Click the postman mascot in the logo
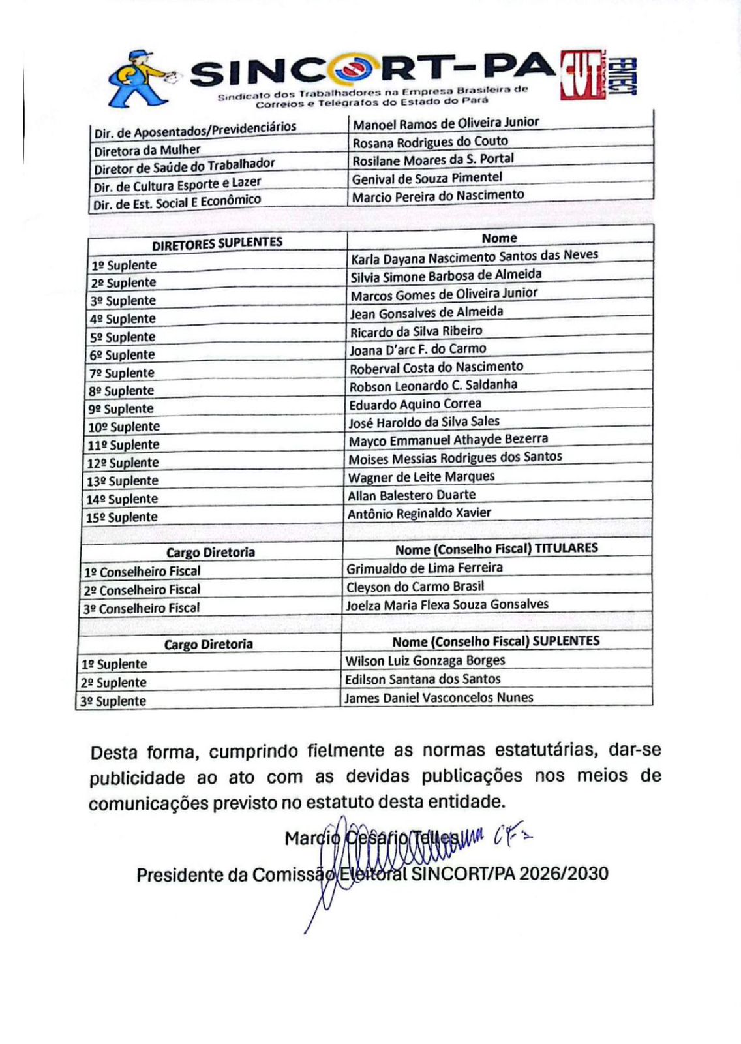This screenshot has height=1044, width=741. (141, 78)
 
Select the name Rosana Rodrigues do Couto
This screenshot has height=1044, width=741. (430, 142)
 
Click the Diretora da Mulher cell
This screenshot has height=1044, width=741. (147, 151)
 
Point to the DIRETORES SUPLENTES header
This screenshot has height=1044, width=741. (217, 243)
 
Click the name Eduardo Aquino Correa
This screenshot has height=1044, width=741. (416, 405)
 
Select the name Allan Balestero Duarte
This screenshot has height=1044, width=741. (412, 495)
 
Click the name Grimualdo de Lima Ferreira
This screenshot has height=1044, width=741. (425, 568)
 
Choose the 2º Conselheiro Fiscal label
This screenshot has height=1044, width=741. (142, 590)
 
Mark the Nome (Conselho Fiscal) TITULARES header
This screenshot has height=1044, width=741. (496, 549)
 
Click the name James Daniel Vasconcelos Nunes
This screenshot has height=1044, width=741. (439, 698)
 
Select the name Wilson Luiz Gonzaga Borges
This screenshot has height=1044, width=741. (425, 661)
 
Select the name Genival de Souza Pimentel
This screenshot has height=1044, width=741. (427, 178)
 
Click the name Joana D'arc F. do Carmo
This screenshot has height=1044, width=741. (418, 350)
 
